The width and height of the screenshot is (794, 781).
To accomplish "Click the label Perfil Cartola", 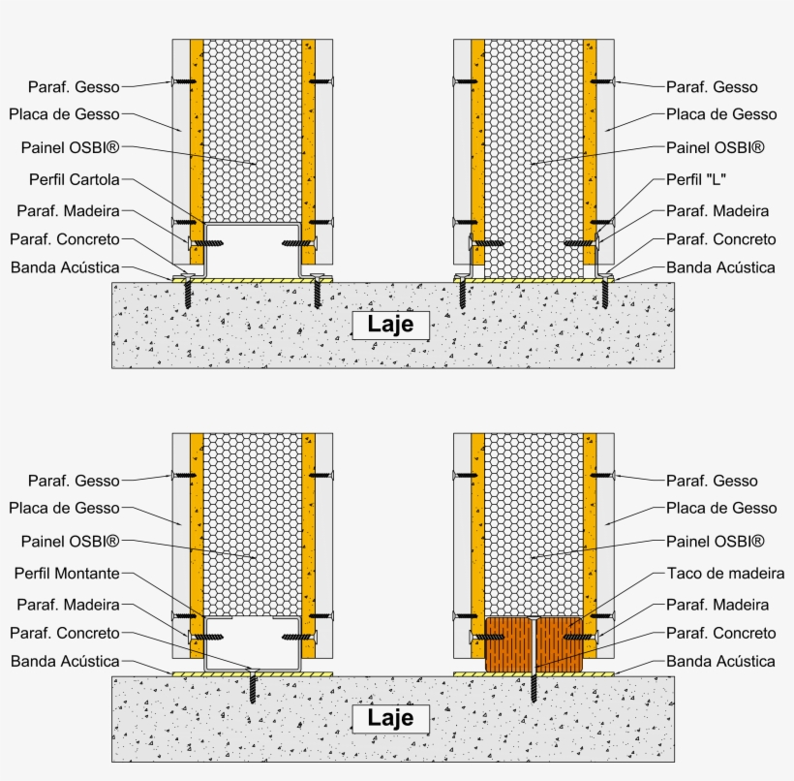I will pos(74,179).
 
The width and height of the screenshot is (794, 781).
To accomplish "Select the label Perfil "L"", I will pos(697,179).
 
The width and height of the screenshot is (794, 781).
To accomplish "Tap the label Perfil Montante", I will pos(67,574).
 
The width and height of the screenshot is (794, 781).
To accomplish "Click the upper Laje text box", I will pos(390,325).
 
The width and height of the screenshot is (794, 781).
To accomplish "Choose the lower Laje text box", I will pos(390,719).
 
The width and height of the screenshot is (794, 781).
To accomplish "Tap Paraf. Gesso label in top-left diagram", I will pos(74,87).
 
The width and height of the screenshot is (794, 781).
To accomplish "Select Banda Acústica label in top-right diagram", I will pos(720,267).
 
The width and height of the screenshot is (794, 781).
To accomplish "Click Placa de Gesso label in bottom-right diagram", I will pos(721,508).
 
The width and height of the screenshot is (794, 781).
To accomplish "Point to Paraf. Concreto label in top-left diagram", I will pos(65,239).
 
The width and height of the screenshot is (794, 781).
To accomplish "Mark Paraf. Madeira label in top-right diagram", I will pos(718,211).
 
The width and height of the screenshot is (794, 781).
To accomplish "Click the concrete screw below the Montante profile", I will pos(254,685).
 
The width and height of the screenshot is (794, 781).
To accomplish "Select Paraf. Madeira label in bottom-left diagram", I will pos(69,606).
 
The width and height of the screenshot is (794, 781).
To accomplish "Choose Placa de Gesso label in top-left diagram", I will pos(65,114).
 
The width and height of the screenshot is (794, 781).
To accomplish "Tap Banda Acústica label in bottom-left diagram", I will pos(65,662).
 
